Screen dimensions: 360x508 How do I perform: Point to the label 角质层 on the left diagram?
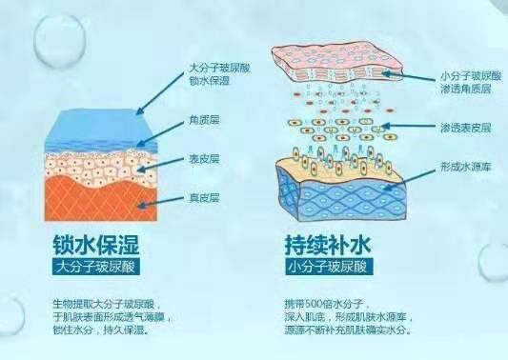pos(203,120)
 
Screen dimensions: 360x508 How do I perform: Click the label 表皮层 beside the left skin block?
pos(203,160)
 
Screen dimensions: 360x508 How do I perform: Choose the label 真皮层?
pos(203,198)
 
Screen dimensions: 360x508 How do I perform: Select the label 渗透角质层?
pos(466,86)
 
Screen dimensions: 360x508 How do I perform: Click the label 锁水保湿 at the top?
pos(207,81)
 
